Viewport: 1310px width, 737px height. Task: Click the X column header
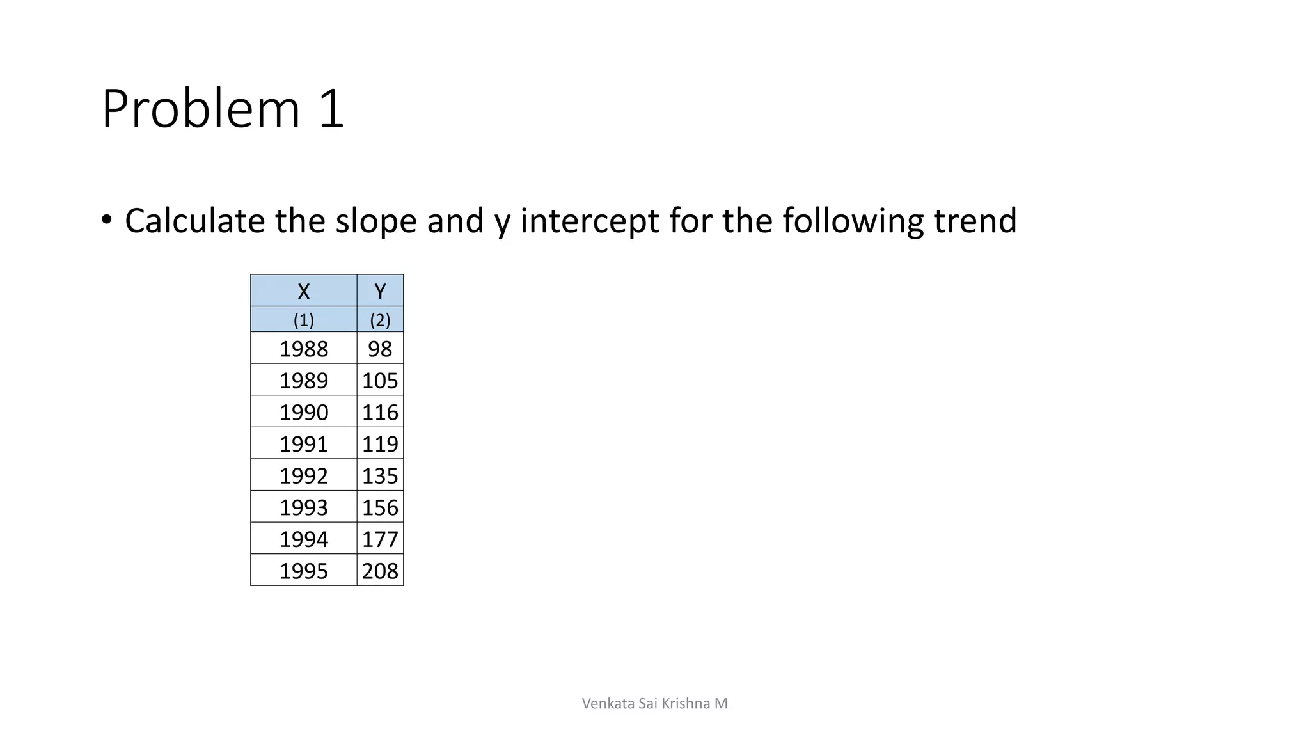[x=303, y=291]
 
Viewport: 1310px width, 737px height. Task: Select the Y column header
[x=380, y=291]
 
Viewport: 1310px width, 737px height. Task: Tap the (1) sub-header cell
[x=303, y=319]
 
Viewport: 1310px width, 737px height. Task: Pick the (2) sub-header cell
[x=380, y=319]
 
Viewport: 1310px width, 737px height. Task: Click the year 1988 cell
[x=303, y=349]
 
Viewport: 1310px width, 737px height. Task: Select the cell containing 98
[x=380, y=349]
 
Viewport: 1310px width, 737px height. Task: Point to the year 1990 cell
[x=303, y=412]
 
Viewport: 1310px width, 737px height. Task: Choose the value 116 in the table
[x=380, y=412]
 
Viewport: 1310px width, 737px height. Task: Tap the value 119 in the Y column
[x=380, y=443]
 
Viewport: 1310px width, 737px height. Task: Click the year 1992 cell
[x=303, y=475]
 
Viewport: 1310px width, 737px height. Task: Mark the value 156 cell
[x=380, y=507]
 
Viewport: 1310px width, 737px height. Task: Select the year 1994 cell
[x=303, y=539]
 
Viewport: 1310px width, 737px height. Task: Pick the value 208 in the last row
[x=380, y=571]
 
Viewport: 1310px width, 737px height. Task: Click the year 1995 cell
[x=303, y=571]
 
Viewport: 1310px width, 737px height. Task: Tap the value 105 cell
[x=380, y=381]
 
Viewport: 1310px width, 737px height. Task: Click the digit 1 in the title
[x=331, y=109]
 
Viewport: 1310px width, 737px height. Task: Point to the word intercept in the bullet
[x=589, y=221]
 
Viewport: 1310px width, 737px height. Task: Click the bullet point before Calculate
[x=106, y=220]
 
